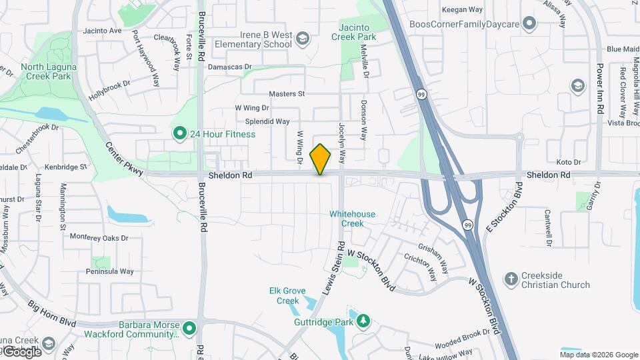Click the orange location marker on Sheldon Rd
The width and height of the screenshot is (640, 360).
320,159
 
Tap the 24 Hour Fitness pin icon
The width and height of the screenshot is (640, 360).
179,134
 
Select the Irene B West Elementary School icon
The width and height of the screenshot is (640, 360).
303,39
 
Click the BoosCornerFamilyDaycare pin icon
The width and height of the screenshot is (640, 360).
530,25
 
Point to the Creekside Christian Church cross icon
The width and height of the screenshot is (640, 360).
511,279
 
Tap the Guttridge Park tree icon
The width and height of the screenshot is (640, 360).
363,322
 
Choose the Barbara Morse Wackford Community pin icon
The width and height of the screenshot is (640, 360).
189,328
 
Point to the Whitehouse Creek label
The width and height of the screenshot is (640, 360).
353,219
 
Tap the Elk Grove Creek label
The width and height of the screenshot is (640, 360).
288,295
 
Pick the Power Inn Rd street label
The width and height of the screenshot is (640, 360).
600,89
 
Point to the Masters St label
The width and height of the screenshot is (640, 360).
287,95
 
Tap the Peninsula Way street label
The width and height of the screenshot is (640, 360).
109,271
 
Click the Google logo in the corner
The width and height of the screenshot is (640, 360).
21,351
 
